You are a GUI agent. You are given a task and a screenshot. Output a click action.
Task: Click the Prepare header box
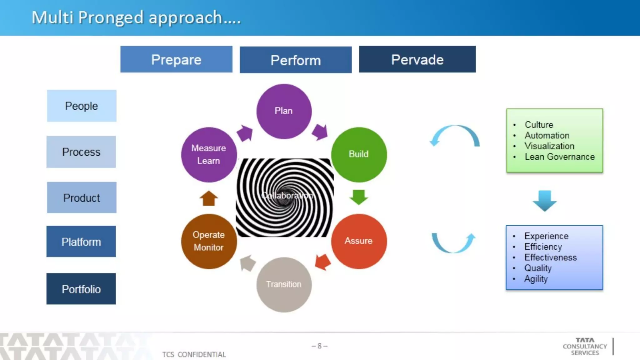176,59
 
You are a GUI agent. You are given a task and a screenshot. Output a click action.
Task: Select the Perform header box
296,60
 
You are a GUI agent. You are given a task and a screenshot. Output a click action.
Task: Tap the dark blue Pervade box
417,59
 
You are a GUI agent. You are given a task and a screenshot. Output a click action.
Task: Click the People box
82,106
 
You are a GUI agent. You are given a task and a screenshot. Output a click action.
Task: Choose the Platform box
81,242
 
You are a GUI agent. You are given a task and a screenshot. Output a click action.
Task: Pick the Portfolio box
81,289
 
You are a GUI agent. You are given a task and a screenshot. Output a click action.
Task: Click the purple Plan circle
284,111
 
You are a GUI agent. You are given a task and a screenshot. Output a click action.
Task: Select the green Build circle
359,154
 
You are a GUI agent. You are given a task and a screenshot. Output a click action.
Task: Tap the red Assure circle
359,241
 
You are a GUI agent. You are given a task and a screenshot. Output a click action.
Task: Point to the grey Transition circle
284,284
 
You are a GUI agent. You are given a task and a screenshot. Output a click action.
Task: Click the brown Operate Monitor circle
209,241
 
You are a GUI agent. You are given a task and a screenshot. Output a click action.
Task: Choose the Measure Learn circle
209,154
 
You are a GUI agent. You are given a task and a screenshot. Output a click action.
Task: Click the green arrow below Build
358,197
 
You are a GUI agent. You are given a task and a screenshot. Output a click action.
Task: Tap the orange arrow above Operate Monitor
208,198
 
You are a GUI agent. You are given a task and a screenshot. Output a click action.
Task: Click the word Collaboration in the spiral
287,196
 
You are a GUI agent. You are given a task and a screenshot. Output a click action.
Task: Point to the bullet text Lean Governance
559,157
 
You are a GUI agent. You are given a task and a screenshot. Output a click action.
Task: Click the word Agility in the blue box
536,279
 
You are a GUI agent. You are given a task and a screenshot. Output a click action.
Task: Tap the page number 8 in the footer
319,346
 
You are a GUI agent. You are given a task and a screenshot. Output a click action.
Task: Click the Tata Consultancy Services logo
585,346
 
